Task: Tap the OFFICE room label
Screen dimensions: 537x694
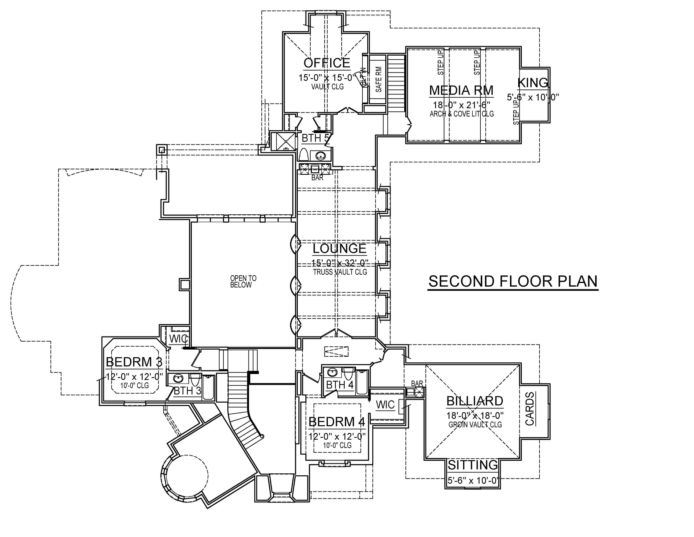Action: [x=327, y=63]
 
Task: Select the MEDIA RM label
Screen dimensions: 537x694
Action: [x=461, y=90]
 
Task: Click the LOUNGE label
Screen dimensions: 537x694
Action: [x=339, y=248]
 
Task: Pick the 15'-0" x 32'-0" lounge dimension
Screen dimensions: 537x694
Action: [x=339, y=263]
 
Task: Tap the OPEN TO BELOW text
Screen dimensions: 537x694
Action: [x=243, y=282]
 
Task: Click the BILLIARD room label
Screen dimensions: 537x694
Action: [x=475, y=401]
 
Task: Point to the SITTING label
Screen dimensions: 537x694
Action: [x=473, y=465]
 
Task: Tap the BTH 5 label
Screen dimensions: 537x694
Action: [x=315, y=138]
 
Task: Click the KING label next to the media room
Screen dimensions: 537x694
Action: [x=533, y=83]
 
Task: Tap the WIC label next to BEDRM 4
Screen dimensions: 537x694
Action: [x=385, y=405]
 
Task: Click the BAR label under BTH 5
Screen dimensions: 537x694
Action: [x=317, y=178]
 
